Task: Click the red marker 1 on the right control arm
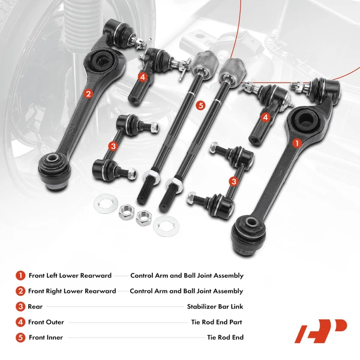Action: point(296,143)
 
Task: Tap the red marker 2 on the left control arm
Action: point(88,93)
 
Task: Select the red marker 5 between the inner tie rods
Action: point(200,106)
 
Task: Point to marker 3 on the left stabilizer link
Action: point(112,146)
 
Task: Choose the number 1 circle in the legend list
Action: point(21,275)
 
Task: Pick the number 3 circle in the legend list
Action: point(21,307)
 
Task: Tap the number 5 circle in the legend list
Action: point(21,338)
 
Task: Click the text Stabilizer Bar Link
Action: point(215,307)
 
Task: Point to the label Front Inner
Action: point(46,338)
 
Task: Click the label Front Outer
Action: point(46,322)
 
